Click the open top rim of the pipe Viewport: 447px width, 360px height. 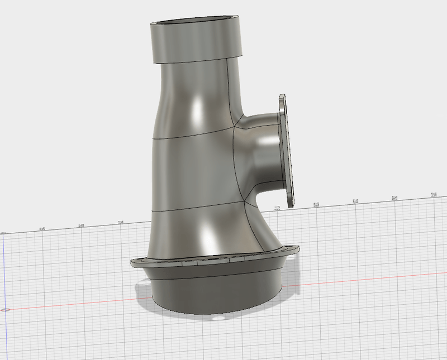click(x=197, y=23)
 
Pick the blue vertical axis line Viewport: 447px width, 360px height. click(x=4, y=268)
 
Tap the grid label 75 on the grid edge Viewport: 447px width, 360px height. click(x=121, y=222)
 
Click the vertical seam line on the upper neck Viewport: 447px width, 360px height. click(x=230, y=89)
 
